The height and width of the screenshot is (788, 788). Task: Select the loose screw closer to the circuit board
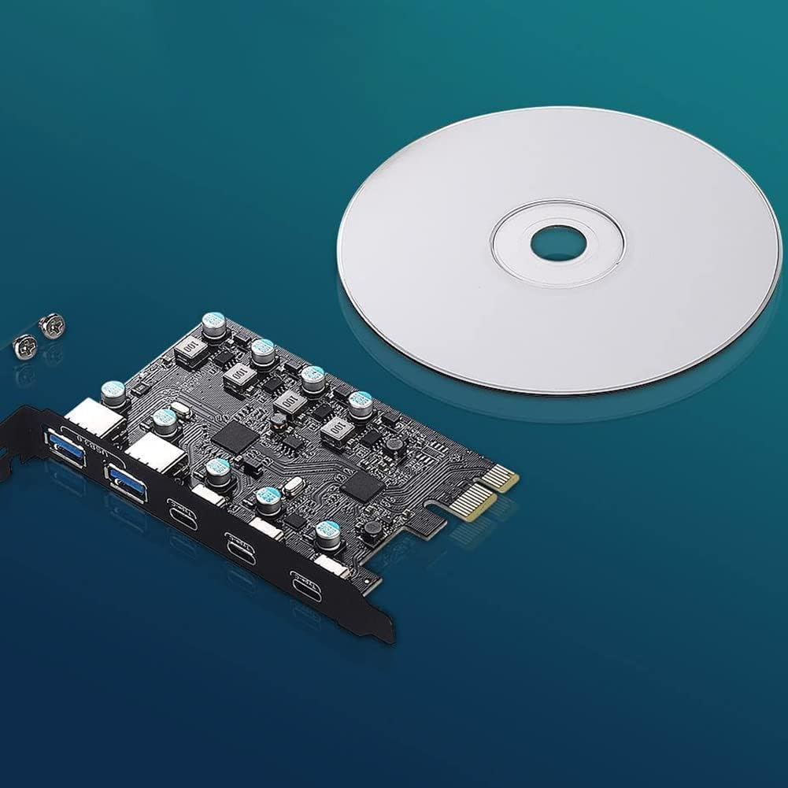coord(52,325)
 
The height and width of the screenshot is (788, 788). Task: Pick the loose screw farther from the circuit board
coord(25,346)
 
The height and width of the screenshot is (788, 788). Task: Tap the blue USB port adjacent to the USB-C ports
coord(127,483)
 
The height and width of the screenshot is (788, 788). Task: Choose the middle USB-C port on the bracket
coord(239,546)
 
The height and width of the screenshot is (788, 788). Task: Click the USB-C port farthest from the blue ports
coord(305,586)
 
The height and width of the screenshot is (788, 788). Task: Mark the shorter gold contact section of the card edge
coord(499,478)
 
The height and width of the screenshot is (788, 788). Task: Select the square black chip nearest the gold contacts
coord(362,487)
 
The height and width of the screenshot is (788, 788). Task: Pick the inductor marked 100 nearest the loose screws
coord(189,347)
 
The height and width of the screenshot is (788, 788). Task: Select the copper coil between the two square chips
coord(278,420)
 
